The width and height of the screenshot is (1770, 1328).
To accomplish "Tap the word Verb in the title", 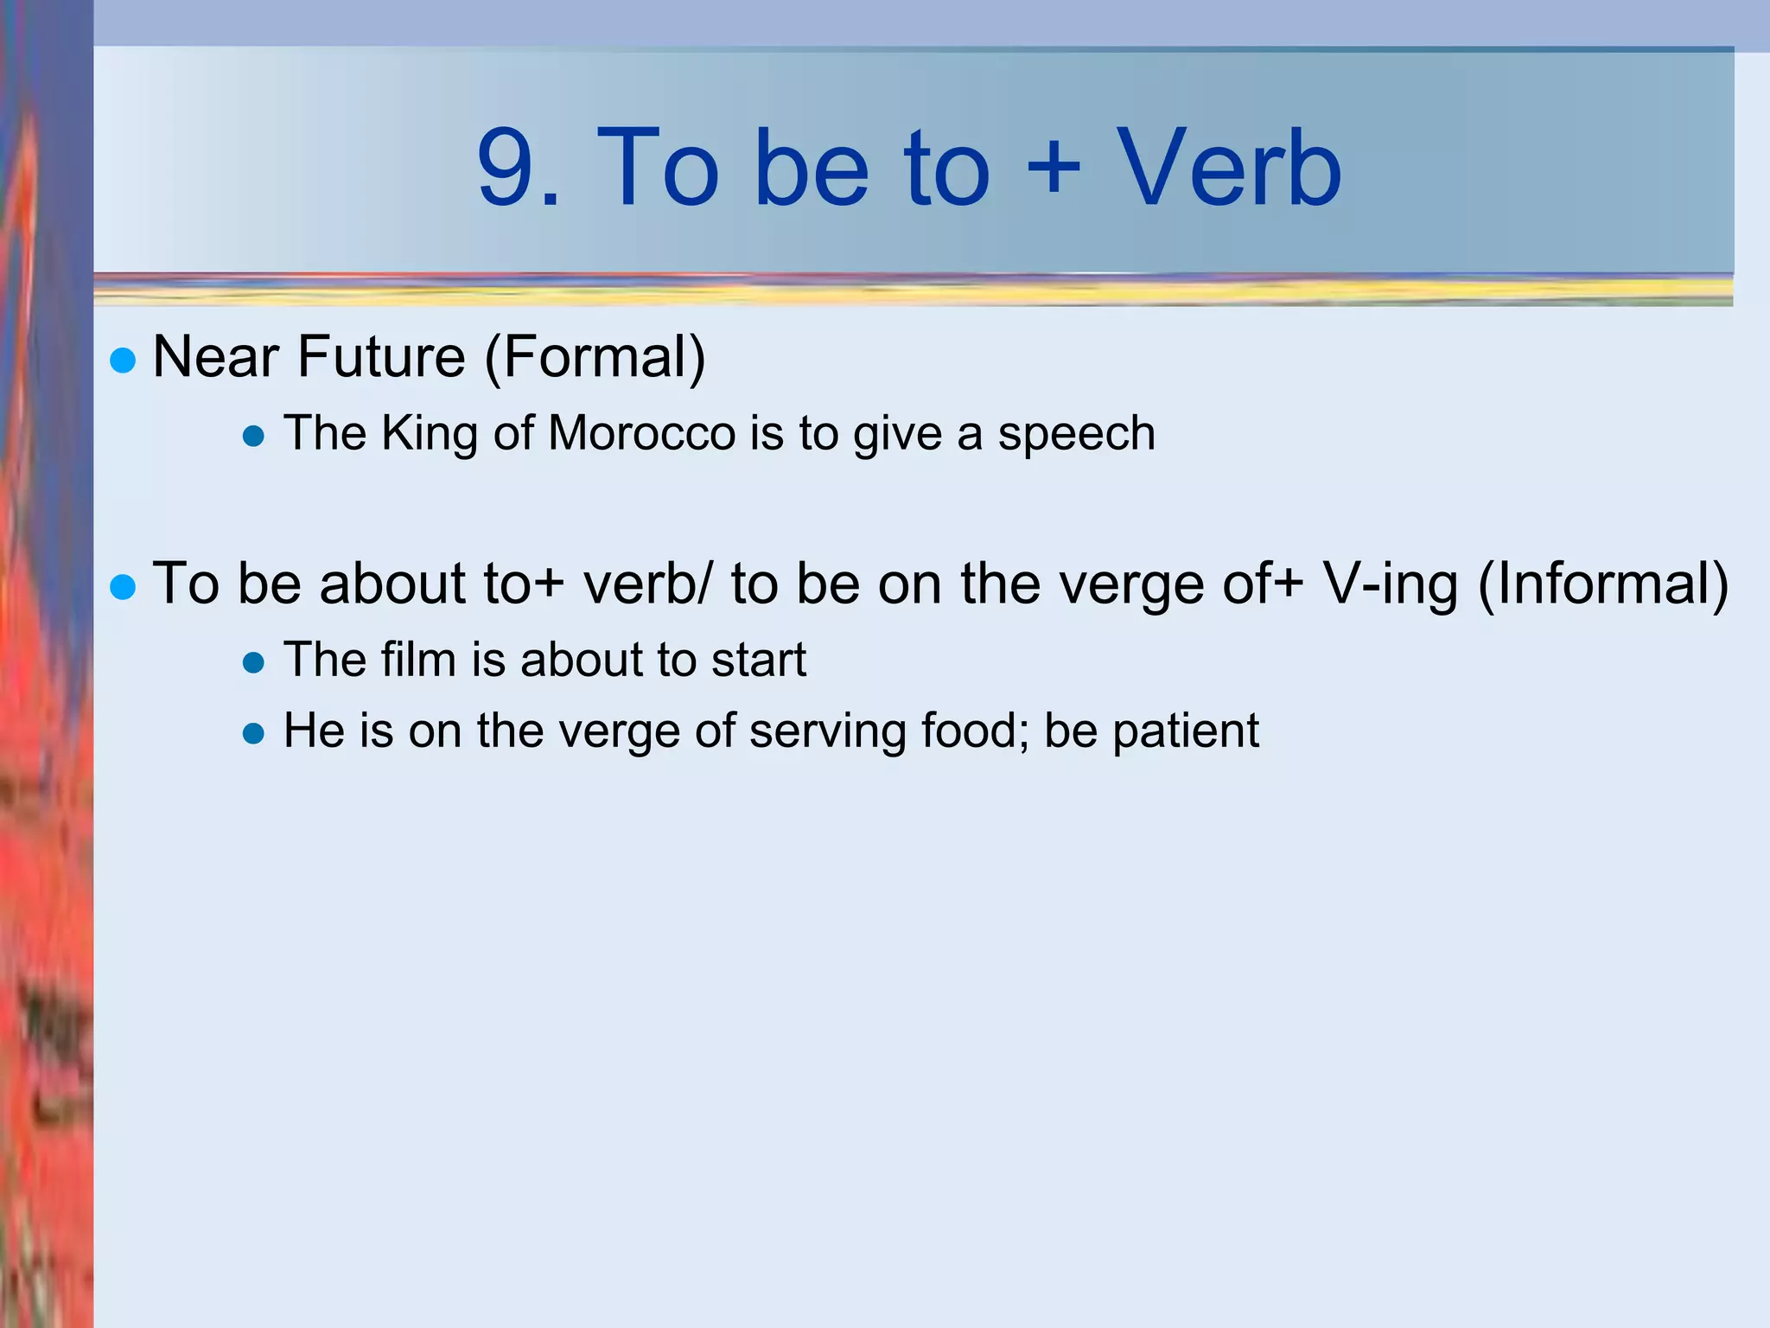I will pos(1228,168).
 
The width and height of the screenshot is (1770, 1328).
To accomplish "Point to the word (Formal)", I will pos(595,357).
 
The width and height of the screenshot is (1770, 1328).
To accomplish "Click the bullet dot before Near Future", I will pos(124,361).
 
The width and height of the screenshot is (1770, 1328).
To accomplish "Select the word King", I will pos(430,434).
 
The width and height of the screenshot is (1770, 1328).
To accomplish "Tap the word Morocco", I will pos(641,433).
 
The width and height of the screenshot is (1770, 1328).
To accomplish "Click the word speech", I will pos(1076,434).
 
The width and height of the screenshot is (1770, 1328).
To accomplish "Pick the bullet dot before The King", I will pos(253,436).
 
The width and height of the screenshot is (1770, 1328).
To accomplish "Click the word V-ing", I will pos(1391,584).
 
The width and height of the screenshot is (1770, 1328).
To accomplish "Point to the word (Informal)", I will pos(1603,584).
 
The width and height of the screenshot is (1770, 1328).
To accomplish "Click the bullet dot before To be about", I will pos(124,588).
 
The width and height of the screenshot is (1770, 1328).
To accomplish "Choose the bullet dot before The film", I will pos(253,663).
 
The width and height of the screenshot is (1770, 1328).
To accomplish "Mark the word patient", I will pos(1185,731).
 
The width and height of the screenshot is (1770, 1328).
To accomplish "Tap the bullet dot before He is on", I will pos(253,734).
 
